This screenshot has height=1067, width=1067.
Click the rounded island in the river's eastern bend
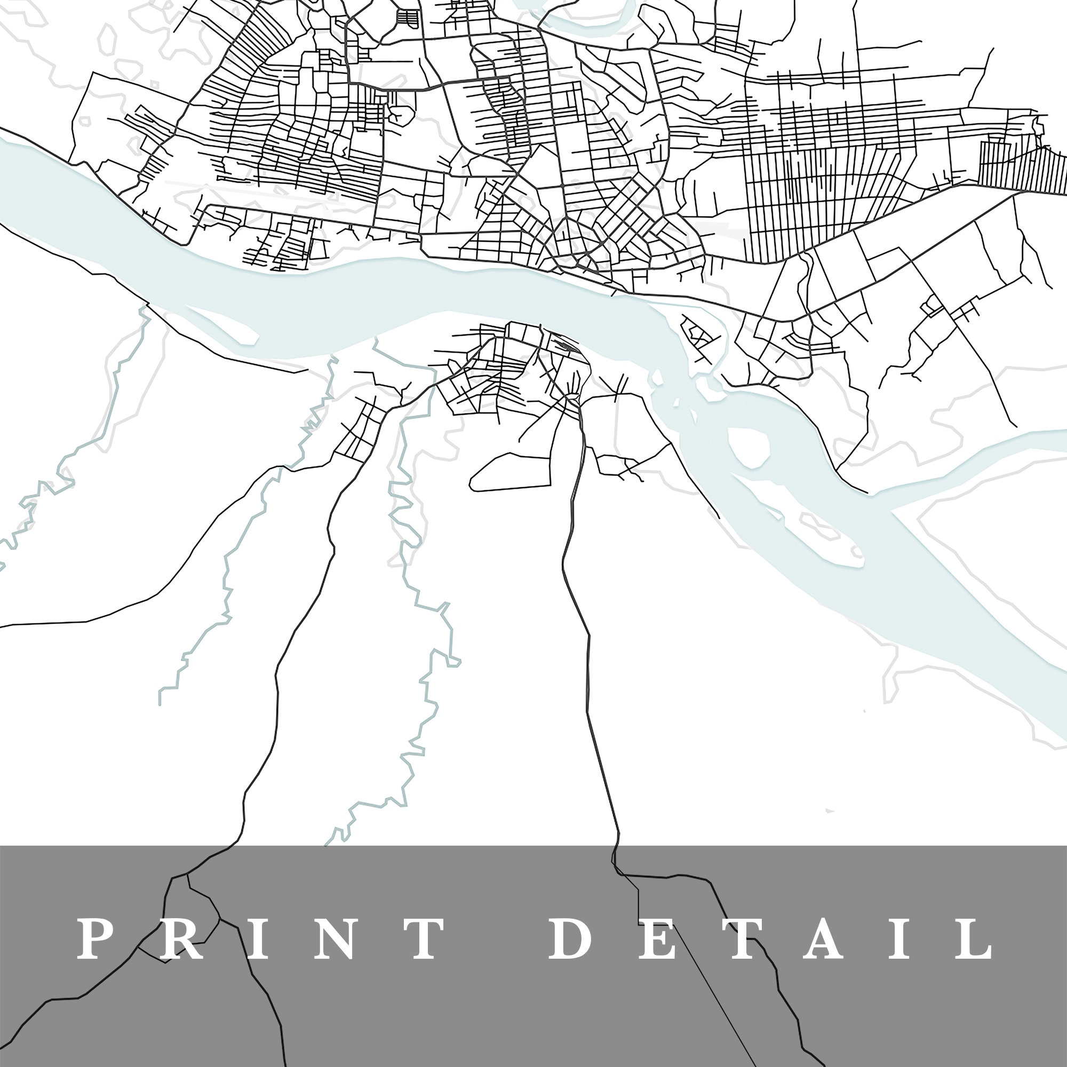pos(750,445)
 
